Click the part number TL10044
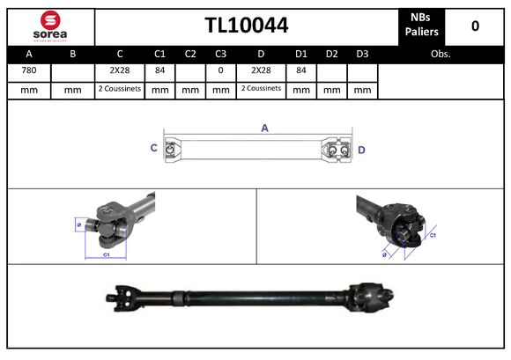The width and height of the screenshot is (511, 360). [247, 26]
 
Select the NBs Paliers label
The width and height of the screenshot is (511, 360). [421, 26]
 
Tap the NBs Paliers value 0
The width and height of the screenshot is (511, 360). [475, 26]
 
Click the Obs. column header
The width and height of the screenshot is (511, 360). [441, 54]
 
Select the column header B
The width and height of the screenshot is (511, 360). [72, 54]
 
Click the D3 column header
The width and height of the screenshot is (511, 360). [361, 54]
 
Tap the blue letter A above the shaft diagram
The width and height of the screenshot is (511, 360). [264, 129]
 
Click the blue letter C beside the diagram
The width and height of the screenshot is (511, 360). [154, 149]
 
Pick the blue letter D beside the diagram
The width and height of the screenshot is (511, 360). [361, 150]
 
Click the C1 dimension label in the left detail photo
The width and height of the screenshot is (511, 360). [106, 254]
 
